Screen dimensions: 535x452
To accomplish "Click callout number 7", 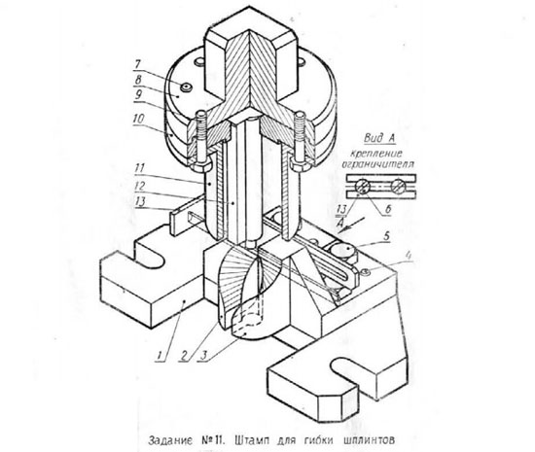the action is (x=138, y=64).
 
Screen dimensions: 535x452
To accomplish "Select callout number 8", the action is (x=138, y=80).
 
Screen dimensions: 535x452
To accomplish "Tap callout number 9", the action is (x=138, y=94).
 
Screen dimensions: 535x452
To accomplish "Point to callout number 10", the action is (x=139, y=119).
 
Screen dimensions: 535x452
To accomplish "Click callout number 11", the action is (x=140, y=168).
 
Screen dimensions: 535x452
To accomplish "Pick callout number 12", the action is (x=140, y=186).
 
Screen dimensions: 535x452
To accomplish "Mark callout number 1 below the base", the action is (x=160, y=355).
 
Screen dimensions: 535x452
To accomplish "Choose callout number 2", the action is (x=185, y=356).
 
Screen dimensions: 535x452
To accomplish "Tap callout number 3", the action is (x=203, y=356).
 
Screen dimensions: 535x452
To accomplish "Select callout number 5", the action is (x=386, y=236).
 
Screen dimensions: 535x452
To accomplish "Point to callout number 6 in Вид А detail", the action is (x=387, y=209).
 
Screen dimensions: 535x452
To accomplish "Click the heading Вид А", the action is (x=379, y=138).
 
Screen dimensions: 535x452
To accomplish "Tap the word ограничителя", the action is (x=378, y=164).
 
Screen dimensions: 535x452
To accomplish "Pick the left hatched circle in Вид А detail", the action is (x=363, y=187).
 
